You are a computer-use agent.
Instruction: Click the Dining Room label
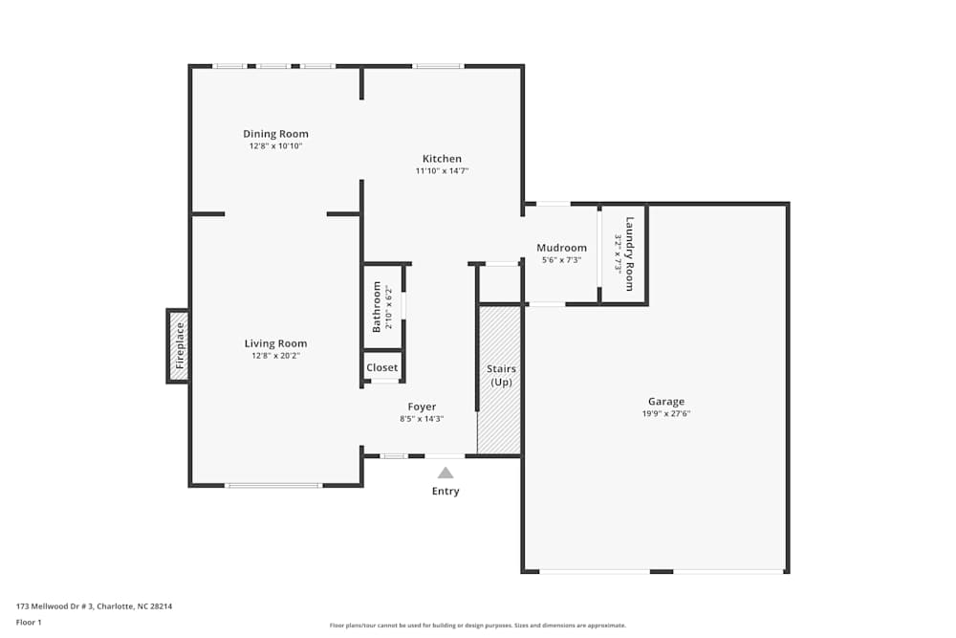pos(275,134)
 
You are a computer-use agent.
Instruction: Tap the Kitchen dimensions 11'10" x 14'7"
pos(442,171)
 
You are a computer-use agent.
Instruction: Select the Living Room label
pos(275,343)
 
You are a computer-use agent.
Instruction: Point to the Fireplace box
pos(179,345)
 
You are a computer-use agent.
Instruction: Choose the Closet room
pos(382,367)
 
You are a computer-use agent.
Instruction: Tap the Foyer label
pos(422,407)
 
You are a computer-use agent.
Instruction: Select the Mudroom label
pos(561,248)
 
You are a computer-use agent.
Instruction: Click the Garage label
pos(666,402)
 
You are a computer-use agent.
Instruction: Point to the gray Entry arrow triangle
pos(445,473)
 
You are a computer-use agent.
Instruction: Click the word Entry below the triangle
pos(445,492)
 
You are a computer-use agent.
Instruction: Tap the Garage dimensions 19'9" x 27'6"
pos(666,414)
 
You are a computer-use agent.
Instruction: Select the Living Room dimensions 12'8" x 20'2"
pos(275,356)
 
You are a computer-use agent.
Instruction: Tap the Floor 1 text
pos(30,622)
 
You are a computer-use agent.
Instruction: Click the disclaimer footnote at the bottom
pos(478,626)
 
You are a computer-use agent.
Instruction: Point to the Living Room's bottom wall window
pos(273,486)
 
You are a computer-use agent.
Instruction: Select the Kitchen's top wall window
pos(438,66)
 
